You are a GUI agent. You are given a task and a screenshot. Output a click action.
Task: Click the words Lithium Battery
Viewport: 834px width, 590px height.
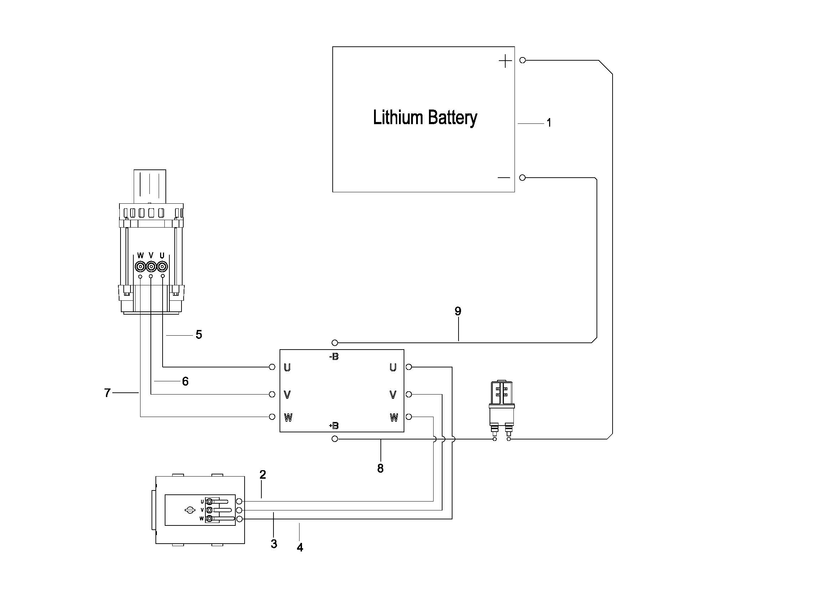click(x=425, y=118)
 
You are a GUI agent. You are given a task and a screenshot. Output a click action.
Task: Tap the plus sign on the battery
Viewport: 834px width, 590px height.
click(x=505, y=61)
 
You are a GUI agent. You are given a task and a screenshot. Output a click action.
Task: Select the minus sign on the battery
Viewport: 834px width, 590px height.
click(x=504, y=178)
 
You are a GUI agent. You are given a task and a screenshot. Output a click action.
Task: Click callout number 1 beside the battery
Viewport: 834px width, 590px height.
click(x=549, y=123)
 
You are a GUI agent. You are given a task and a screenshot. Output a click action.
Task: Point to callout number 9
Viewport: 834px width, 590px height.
click(x=458, y=311)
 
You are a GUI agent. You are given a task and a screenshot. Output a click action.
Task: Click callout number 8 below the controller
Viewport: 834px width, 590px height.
click(x=380, y=469)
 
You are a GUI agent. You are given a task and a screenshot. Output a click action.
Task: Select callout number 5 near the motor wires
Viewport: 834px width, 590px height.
click(x=199, y=335)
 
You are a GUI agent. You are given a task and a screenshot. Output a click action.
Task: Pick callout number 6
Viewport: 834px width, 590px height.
click(x=185, y=381)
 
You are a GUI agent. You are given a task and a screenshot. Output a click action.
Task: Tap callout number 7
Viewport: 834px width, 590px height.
click(x=107, y=393)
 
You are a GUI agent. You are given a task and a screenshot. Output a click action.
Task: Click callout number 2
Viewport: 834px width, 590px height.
click(x=263, y=474)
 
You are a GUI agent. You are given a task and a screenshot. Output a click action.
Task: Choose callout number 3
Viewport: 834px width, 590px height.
click(x=274, y=544)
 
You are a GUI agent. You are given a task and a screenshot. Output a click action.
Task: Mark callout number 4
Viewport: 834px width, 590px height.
click(x=300, y=548)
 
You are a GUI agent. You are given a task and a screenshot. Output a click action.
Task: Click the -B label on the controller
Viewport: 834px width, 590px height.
click(x=334, y=357)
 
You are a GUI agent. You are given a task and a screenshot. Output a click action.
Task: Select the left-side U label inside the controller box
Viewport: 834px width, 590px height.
click(x=287, y=368)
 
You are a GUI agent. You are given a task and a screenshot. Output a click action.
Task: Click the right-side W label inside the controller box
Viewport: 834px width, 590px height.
click(x=394, y=418)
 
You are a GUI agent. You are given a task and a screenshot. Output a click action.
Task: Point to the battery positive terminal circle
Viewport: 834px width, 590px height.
click(x=523, y=60)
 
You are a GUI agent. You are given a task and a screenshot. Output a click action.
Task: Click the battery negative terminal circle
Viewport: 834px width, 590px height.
click(x=522, y=178)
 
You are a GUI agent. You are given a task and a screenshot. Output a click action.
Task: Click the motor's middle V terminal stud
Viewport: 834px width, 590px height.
click(x=151, y=267)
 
